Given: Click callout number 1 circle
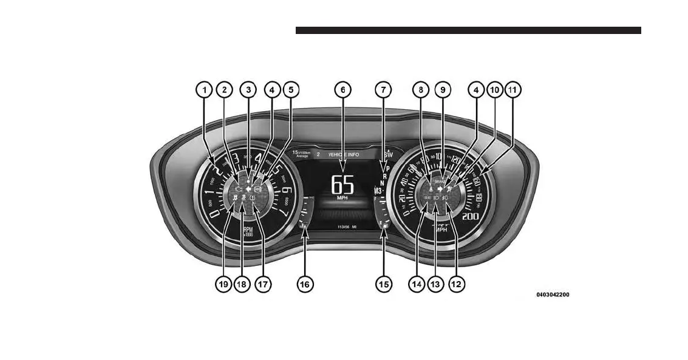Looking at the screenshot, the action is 205,90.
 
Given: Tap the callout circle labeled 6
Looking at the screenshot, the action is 342,90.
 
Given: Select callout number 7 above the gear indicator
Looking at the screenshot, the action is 383,90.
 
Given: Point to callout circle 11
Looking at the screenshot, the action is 513,90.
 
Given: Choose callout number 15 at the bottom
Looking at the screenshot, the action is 383,284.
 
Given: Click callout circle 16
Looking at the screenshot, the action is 305,284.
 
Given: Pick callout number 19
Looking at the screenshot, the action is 224,284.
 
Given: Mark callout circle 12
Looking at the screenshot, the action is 458,284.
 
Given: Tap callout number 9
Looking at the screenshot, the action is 443,90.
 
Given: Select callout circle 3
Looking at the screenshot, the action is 248,90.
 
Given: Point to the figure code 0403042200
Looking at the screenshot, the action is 552,295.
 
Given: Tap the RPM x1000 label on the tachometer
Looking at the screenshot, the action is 248,232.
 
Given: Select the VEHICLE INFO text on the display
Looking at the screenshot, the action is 344,155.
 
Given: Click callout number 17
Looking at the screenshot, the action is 262,284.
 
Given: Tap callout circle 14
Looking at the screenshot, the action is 416,284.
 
